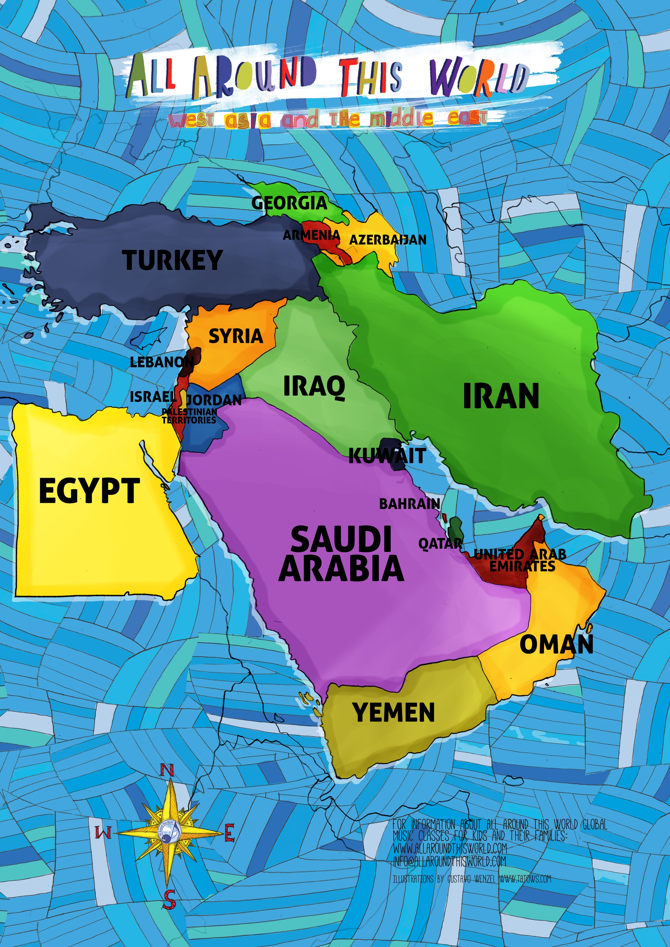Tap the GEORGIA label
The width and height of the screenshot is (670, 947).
(x=289, y=203)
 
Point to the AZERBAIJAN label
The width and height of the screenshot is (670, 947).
(x=388, y=240)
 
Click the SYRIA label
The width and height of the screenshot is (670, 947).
(x=236, y=336)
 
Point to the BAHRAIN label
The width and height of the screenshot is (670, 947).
(x=409, y=504)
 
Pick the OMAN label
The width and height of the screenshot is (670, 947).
(x=556, y=645)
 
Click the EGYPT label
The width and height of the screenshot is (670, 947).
(x=89, y=491)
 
